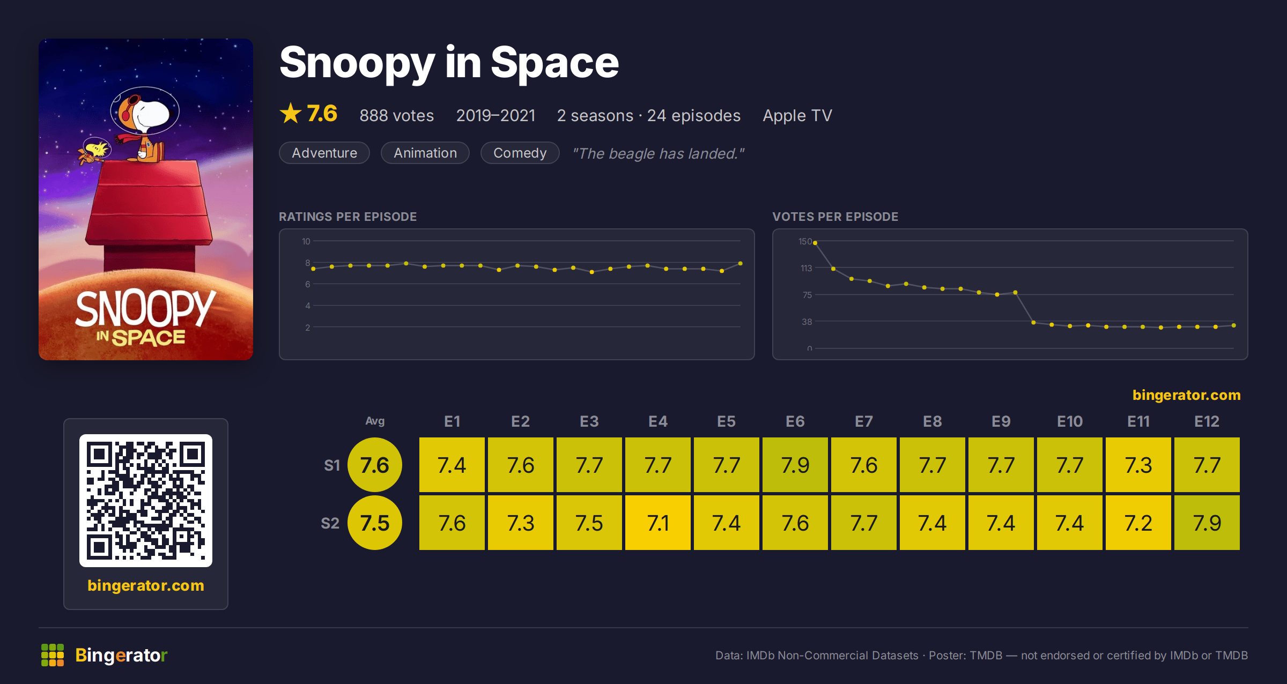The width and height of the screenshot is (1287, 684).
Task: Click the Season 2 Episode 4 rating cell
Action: click(658, 523)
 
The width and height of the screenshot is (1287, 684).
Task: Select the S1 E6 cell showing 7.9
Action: click(795, 465)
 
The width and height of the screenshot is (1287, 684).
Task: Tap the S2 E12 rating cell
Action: click(1207, 523)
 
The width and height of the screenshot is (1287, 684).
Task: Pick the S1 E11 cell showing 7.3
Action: click(1138, 465)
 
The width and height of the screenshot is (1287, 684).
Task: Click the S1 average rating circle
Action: click(375, 465)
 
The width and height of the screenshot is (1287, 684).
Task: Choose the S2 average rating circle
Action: click(375, 523)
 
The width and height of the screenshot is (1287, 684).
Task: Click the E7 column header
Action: click(864, 421)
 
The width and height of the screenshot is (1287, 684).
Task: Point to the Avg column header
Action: click(375, 421)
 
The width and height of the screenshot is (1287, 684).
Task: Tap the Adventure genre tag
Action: click(324, 153)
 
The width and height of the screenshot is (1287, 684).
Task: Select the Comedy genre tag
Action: click(520, 153)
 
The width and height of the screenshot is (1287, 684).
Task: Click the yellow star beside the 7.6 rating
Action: click(291, 113)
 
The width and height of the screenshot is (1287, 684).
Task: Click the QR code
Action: click(146, 501)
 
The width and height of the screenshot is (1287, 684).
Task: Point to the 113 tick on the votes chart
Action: click(806, 268)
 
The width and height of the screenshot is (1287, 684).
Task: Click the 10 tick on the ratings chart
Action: click(306, 241)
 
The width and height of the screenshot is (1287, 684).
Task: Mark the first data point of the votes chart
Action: click(815, 243)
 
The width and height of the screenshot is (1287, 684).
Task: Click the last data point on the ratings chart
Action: click(741, 263)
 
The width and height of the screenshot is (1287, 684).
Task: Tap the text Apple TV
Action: click(797, 115)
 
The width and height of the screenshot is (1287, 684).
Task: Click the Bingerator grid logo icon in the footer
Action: click(53, 655)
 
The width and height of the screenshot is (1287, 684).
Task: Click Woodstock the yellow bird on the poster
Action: click(95, 151)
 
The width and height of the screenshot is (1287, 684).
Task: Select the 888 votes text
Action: click(397, 115)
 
